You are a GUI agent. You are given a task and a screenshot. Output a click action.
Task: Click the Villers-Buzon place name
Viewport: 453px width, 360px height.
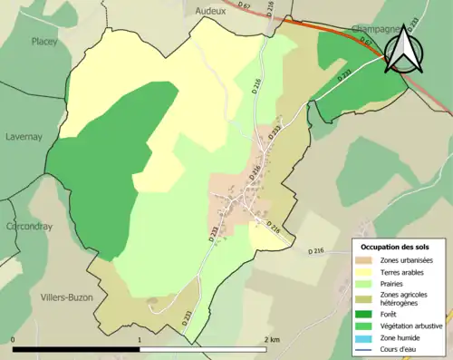(66, 297)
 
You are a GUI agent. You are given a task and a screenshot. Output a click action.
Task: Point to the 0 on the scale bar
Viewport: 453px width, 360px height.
(14, 339)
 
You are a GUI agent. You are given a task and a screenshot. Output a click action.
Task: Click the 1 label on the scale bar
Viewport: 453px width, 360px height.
(139, 339)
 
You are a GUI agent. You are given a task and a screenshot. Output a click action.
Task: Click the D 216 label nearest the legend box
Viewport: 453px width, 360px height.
(316, 250)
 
